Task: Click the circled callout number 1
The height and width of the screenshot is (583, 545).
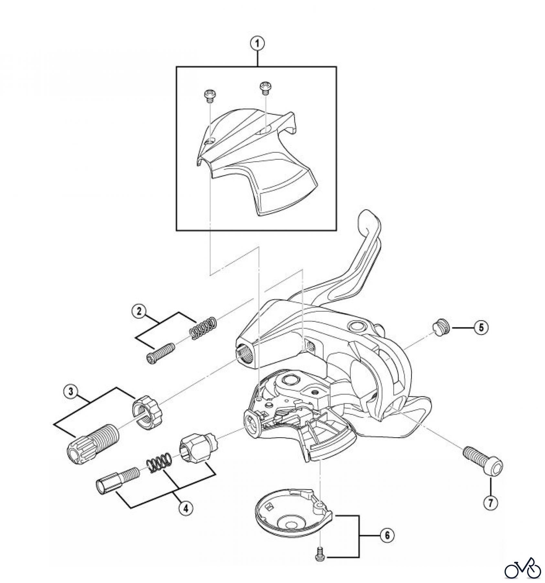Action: pyautogui.click(x=257, y=44)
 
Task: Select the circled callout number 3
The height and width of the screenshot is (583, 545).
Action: pyautogui.click(x=70, y=392)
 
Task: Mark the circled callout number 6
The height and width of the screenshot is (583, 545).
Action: pyautogui.click(x=387, y=535)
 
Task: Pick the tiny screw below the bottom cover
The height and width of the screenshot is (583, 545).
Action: pyautogui.click(x=320, y=556)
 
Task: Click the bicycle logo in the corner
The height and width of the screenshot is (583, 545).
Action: pyautogui.click(x=523, y=567)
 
